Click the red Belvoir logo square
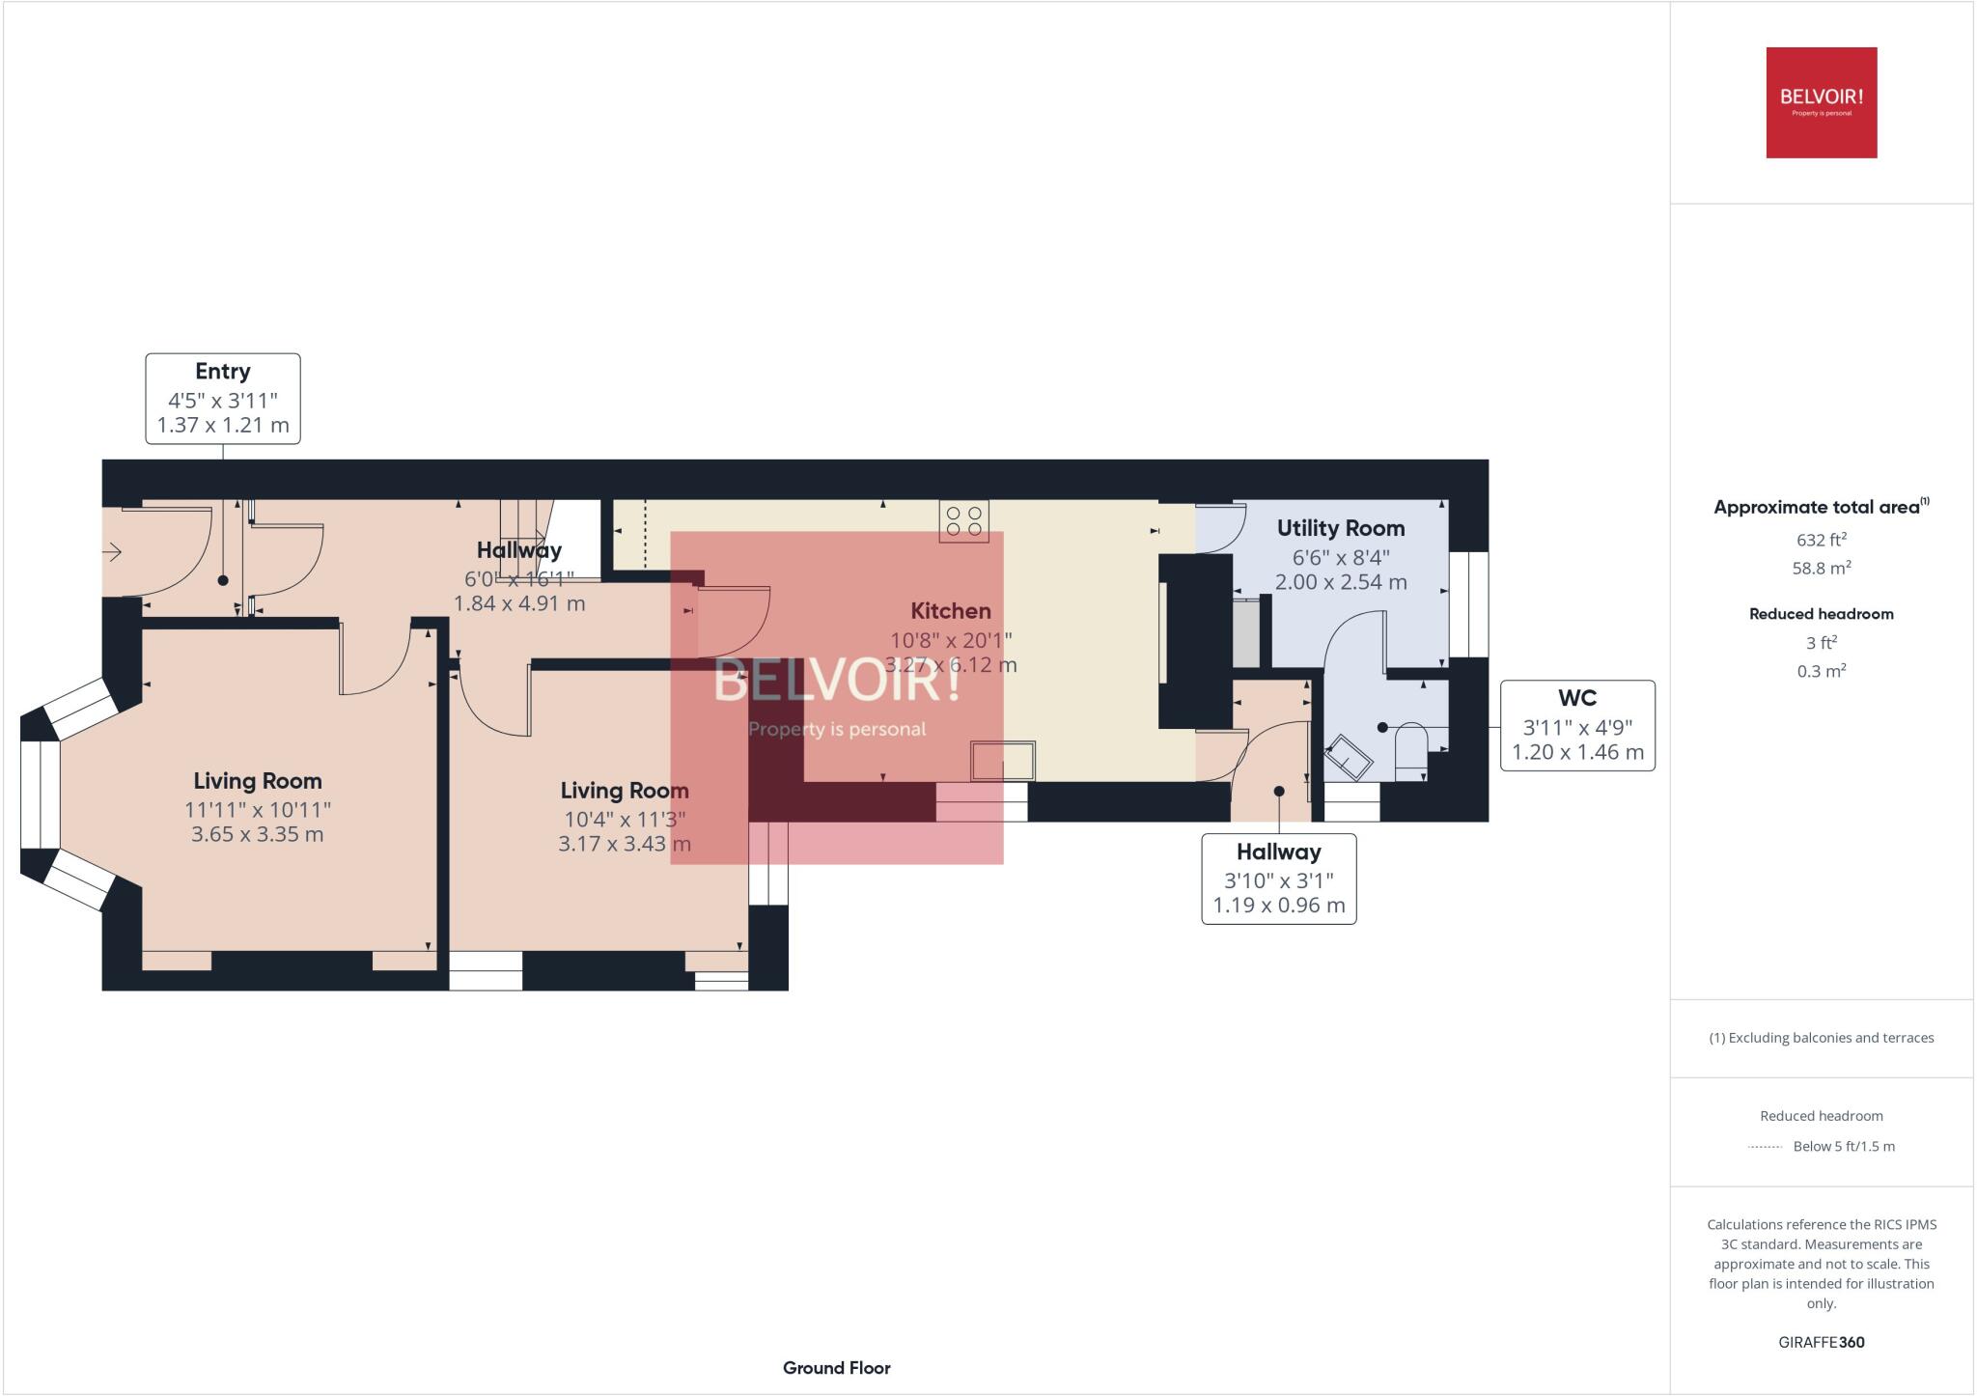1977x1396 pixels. tap(1821, 102)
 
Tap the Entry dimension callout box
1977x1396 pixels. tap(223, 399)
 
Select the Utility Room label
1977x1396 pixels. tap(1340, 528)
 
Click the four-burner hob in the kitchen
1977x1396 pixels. tap(963, 521)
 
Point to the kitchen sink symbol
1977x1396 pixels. tap(1003, 761)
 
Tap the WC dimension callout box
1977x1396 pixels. tap(1576, 725)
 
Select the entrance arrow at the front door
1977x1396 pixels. tap(113, 552)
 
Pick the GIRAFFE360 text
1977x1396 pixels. tap(1821, 1342)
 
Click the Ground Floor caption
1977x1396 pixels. tap(836, 1368)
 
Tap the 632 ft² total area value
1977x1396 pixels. tap(1821, 541)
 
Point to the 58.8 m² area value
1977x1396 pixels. tap(1821, 569)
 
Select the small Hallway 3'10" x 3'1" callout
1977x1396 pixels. tap(1278, 879)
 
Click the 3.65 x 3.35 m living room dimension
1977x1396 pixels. tap(257, 834)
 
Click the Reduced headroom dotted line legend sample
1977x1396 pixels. tap(1765, 1147)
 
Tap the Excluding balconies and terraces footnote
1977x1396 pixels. tap(1821, 1038)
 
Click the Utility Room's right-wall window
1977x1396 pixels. tap(1468, 604)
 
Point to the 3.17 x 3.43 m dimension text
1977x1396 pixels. tap(624, 844)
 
